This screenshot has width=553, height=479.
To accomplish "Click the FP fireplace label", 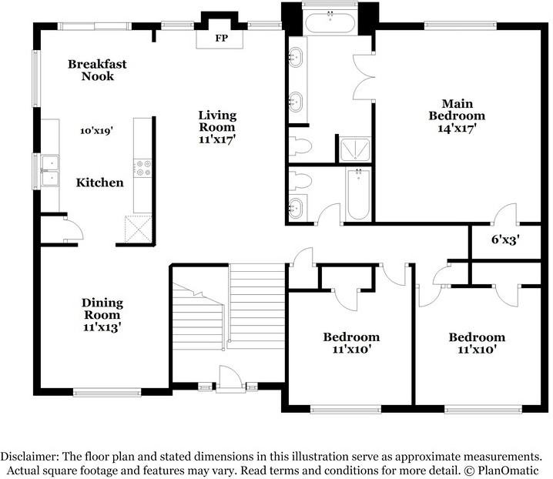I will pyautogui.click(x=222, y=38).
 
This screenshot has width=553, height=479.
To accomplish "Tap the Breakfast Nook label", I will pyautogui.click(x=96, y=70).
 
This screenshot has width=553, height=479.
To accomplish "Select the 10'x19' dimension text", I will pyautogui.click(x=97, y=131).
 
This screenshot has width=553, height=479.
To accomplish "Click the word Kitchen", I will pyautogui.click(x=99, y=183).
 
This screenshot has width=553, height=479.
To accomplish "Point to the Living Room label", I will pyautogui.click(x=217, y=128).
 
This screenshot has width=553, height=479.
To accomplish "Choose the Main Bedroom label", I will pyautogui.click(x=457, y=109).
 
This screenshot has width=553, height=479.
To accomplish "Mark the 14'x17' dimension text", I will pyautogui.click(x=457, y=129).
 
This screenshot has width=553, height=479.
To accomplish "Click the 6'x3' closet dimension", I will pyautogui.click(x=504, y=239).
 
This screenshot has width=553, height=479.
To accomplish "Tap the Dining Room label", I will pyautogui.click(x=103, y=309).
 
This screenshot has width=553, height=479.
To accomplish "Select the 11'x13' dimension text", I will pyautogui.click(x=103, y=327).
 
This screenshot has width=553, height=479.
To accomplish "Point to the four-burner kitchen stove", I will pyautogui.click(x=142, y=168).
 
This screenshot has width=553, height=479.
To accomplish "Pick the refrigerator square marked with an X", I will pyautogui.click(x=139, y=228).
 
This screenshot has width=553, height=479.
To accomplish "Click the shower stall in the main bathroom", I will pyautogui.click(x=355, y=149).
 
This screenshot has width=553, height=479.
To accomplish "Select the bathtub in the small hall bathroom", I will pyautogui.click(x=358, y=195).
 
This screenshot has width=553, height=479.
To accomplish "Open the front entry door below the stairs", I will pyautogui.click(x=229, y=378).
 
